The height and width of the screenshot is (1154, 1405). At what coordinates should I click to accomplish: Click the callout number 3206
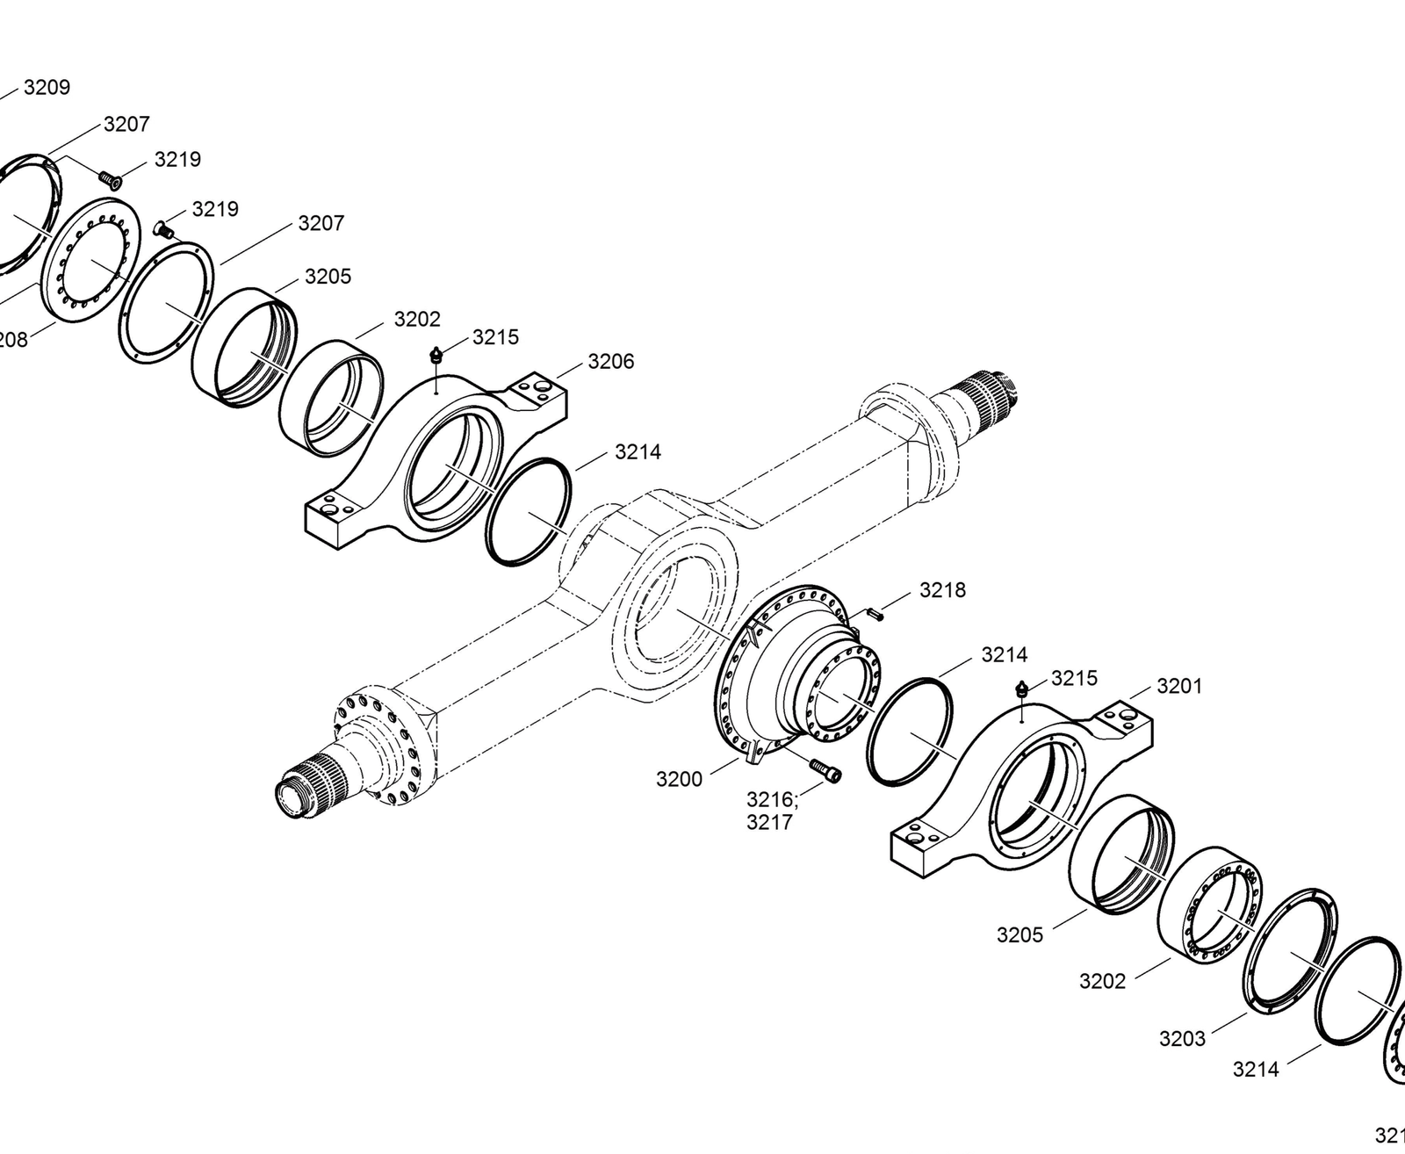[610, 362]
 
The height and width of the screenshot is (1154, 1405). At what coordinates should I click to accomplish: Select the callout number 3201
[1179, 686]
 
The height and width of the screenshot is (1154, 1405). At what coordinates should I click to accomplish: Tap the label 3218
[942, 590]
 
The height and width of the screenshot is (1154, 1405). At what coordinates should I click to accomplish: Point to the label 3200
[679, 779]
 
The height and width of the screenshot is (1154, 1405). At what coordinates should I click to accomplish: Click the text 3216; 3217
[770, 811]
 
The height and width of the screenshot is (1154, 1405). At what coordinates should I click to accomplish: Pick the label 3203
[1182, 1039]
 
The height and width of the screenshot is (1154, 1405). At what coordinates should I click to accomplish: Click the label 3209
[47, 87]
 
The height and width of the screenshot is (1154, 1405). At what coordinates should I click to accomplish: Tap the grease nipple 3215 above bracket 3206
[436, 355]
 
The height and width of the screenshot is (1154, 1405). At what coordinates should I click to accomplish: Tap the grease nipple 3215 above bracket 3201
[1022, 689]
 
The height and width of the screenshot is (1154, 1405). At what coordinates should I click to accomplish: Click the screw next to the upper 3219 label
[110, 179]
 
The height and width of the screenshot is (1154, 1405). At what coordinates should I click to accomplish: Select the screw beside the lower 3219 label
[163, 229]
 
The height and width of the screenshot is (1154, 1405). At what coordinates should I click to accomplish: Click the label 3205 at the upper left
[328, 277]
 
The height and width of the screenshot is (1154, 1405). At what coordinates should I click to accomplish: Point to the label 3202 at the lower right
[1102, 981]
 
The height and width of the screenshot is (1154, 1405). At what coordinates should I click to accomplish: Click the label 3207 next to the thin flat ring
[321, 223]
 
